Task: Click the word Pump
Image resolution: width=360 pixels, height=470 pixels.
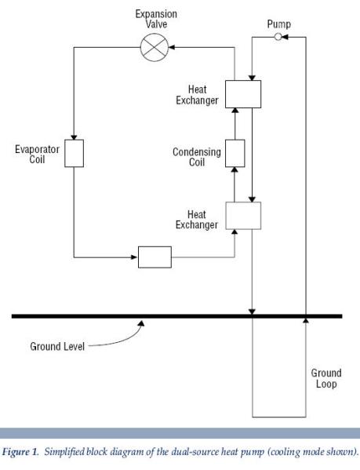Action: coord(278,24)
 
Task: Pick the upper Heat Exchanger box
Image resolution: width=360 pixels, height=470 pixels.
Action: coord(242,93)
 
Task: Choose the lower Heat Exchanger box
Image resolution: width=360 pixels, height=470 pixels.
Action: coord(242,215)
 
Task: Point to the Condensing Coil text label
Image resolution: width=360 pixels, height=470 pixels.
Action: coord(196,158)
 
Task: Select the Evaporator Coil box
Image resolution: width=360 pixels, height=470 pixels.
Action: coord(74,154)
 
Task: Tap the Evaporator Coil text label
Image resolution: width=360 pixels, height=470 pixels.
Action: coord(37,154)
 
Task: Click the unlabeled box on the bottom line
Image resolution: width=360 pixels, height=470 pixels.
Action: coord(155,257)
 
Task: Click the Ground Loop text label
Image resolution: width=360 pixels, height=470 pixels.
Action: coord(325,379)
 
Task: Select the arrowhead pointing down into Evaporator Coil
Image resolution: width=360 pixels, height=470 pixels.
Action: coord(74,137)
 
